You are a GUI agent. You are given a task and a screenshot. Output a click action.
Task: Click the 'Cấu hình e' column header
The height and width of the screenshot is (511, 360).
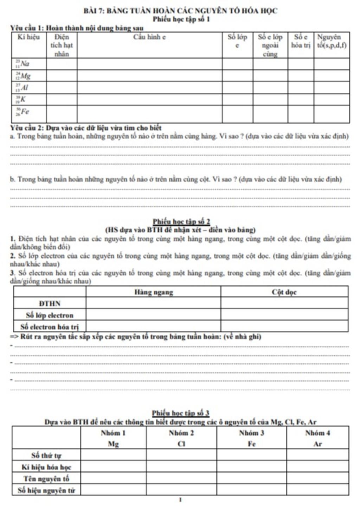(x=149, y=37)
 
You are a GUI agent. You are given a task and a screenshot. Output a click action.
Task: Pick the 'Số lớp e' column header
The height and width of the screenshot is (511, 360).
(x=237, y=41)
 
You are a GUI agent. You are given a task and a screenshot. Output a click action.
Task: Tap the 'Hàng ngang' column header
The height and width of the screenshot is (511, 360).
(x=154, y=292)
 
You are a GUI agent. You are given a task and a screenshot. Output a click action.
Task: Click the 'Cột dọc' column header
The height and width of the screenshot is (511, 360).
(x=284, y=292)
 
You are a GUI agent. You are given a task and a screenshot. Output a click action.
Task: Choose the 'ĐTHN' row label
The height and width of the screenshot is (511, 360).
(x=50, y=304)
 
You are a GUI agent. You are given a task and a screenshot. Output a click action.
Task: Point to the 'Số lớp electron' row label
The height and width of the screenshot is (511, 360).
(x=50, y=315)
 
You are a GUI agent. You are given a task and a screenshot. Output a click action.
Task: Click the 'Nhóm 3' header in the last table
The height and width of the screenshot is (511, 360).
(x=251, y=433)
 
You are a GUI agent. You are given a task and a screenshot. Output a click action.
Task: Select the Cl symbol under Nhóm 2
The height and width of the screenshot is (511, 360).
(x=181, y=444)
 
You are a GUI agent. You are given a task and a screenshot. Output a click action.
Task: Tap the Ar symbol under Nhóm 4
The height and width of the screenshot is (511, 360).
(x=317, y=444)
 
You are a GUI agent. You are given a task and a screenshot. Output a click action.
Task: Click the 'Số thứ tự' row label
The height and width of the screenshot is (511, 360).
(x=46, y=455)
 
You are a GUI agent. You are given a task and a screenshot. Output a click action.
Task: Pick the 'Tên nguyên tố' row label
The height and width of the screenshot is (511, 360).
(x=46, y=479)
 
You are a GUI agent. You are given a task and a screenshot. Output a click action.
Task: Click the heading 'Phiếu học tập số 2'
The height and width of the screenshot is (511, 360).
(x=181, y=222)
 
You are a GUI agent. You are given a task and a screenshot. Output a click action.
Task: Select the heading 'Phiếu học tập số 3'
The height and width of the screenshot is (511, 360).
(x=181, y=413)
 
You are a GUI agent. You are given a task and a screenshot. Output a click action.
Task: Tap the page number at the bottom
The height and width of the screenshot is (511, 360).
(x=180, y=499)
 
